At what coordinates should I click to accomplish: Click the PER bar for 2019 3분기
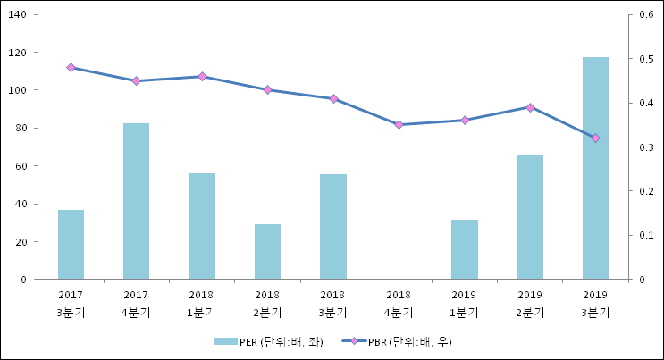click(x=595, y=168)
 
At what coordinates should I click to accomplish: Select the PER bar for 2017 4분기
click(x=136, y=201)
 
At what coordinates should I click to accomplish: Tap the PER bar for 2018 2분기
click(x=267, y=251)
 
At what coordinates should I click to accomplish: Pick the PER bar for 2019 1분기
click(x=464, y=249)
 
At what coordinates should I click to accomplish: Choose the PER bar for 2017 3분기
click(x=71, y=244)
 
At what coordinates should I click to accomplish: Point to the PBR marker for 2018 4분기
click(x=399, y=125)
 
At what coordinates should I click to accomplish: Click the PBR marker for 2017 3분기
click(x=71, y=68)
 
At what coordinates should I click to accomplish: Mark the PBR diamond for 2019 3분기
click(x=595, y=138)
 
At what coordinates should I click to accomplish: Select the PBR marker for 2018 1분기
click(x=202, y=77)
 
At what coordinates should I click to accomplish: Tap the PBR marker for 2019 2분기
click(x=530, y=107)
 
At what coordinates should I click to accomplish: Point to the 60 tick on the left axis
click(x=20, y=166)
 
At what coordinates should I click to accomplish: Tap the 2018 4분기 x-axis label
click(x=399, y=303)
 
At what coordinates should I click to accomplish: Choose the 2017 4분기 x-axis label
click(x=136, y=303)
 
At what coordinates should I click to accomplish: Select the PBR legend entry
click(x=403, y=341)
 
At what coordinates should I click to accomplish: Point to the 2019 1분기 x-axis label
click(x=464, y=303)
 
